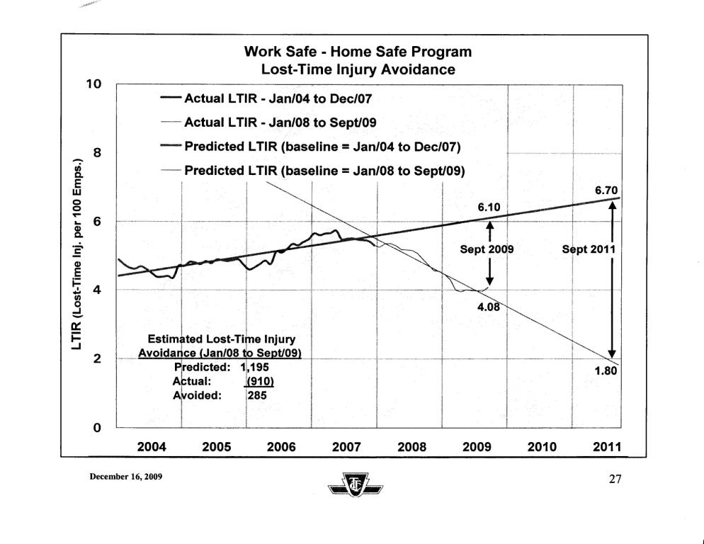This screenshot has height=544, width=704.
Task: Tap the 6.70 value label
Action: coord(609,189)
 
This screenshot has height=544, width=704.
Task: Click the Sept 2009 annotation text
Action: coord(487,249)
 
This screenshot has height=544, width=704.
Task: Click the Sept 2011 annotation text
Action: coord(588,249)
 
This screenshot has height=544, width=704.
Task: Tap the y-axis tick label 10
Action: coord(94,84)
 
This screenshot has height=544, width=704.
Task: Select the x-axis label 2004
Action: coord(151,447)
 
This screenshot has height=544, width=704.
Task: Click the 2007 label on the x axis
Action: coord(346,447)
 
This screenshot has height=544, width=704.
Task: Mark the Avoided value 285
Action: coord(256,396)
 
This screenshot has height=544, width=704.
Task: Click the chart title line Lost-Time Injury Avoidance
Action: coord(357,69)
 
